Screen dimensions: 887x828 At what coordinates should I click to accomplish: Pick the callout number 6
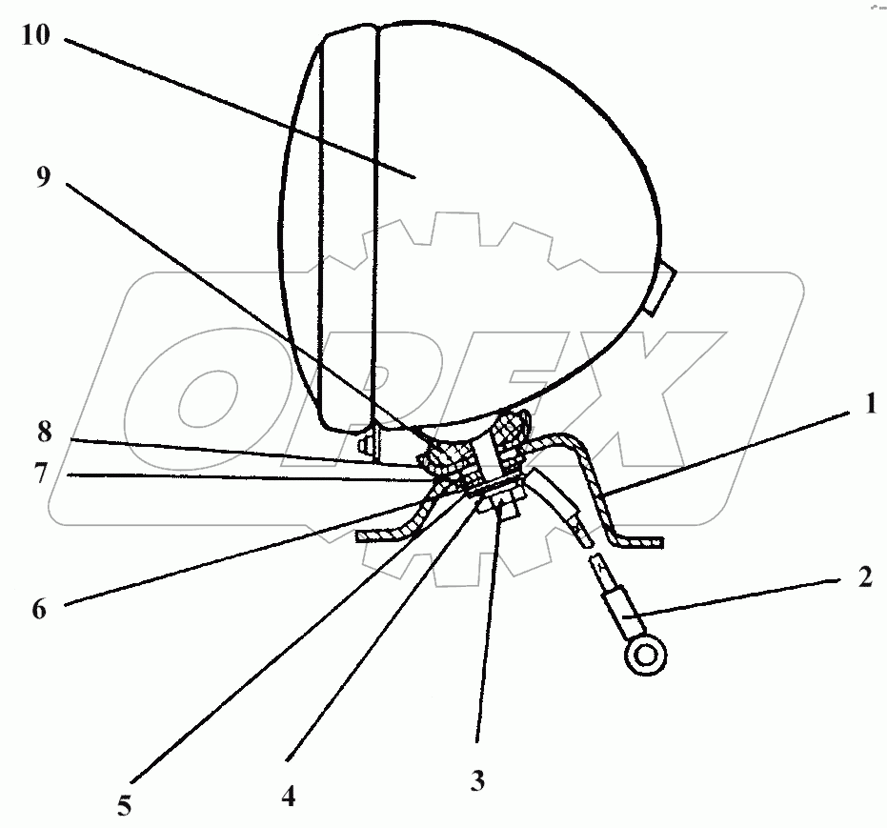coord(39,608)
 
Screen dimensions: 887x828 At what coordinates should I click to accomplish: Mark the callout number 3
coord(477,780)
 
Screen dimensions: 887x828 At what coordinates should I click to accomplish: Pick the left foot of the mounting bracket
coord(381,536)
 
